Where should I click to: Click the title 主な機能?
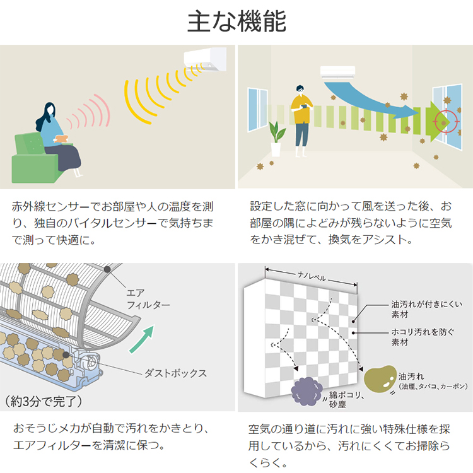click(x=237, y=21)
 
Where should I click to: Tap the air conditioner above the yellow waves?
click(x=206, y=59)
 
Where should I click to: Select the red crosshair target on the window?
click(x=446, y=122)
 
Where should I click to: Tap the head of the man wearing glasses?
click(x=300, y=90)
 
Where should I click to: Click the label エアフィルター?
click(x=148, y=299)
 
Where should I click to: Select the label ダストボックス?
click(x=175, y=373)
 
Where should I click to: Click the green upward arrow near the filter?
click(x=143, y=339)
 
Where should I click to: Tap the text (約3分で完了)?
click(x=44, y=402)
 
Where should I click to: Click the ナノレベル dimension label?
click(x=312, y=276)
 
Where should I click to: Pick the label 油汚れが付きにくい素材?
click(x=426, y=309)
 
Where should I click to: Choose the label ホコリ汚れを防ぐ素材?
click(x=423, y=337)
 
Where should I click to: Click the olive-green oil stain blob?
click(x=380, y=378)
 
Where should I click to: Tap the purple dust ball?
click(x=307, y=391)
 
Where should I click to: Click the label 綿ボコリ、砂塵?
click(x=346, y=399)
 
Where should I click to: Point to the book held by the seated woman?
click(x=61, y=138)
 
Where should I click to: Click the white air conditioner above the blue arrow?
click(x=337, y=73)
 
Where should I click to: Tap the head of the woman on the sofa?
click(x=50, y=109)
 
